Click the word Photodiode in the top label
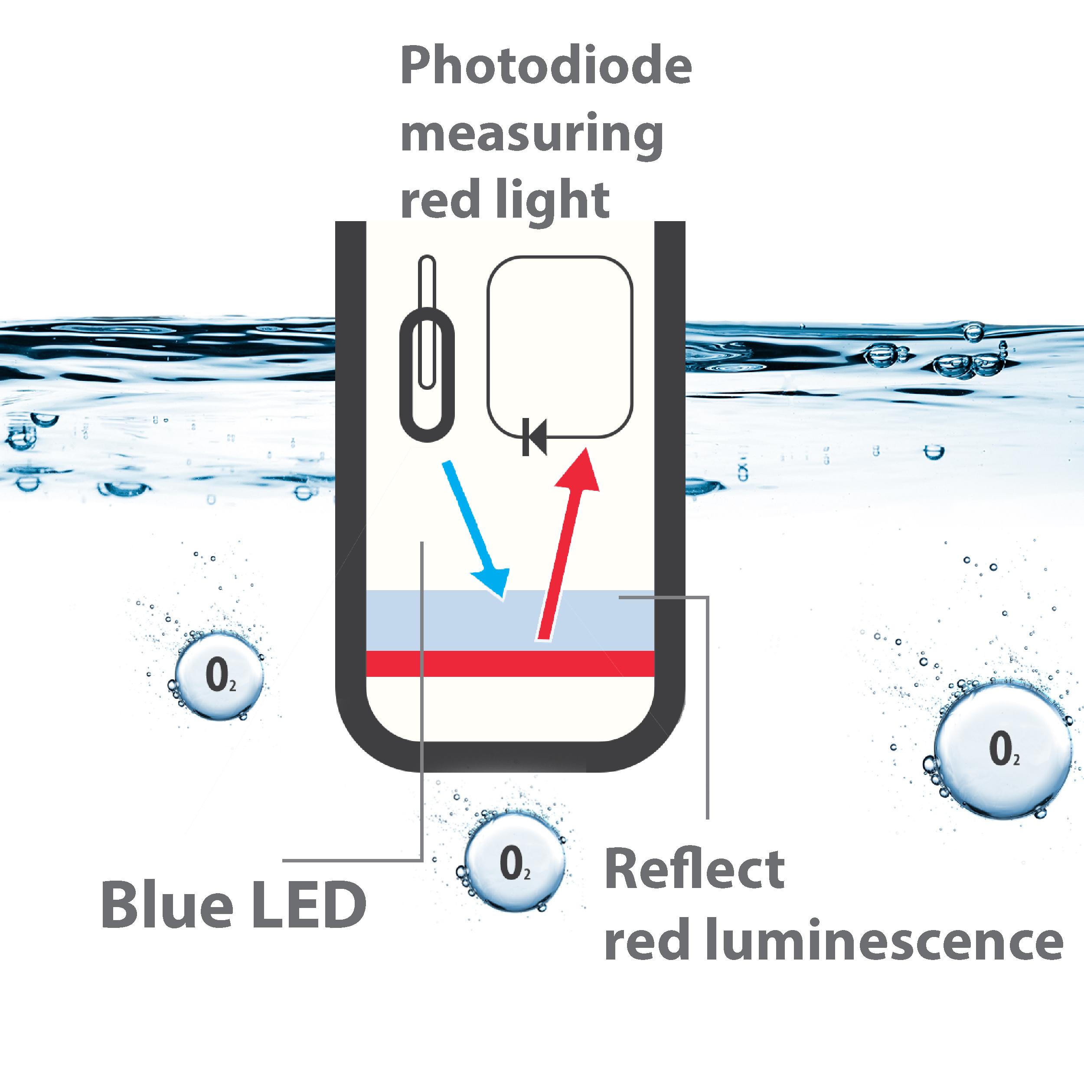545,67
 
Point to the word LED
307,905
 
